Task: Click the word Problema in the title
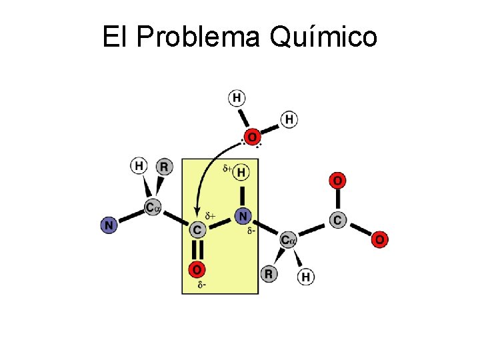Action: click(x=198, y=37)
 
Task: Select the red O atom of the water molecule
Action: click(x=252, y=137)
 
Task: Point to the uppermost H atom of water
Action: click(x=237, y=99)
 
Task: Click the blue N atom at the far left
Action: click(x=109, y=225)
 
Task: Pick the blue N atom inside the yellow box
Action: click(x=243, y=216)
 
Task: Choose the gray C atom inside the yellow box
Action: click(x=197, y=230)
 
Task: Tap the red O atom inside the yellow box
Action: click(x=197, y=269)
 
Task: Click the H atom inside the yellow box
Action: click(x=242, y=173)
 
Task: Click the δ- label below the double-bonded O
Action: click(x=201, y=286)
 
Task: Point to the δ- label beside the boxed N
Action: click(x=251, y=231)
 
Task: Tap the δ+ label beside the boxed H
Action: click(x=227, y=169)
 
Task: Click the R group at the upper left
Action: click(x=164, y=166)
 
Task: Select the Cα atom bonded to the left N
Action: click(x=153, y=208)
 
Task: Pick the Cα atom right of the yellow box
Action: click(x=288, y=239)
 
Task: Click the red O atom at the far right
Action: click(x=379, y=239)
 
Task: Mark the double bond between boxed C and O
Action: click(x=197, y=250)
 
